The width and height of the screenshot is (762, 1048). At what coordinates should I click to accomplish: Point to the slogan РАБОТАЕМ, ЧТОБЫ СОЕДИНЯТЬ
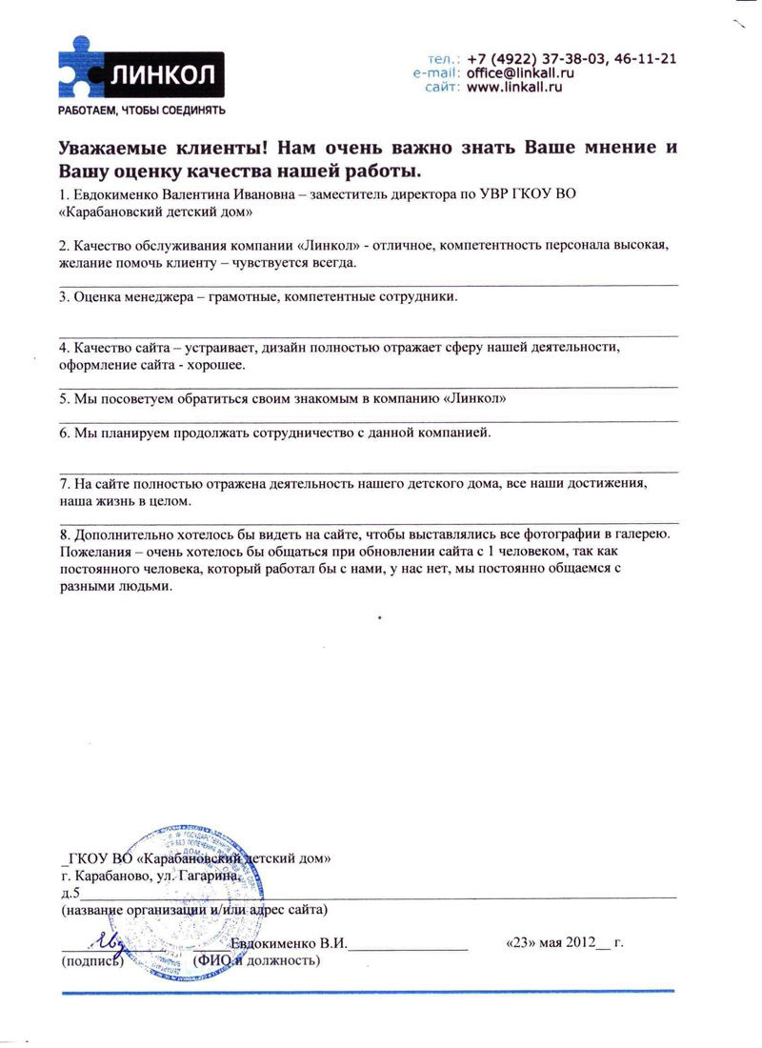[x=142, y=111]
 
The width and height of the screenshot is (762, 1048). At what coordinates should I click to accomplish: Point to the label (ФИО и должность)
[x=256, y=959]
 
